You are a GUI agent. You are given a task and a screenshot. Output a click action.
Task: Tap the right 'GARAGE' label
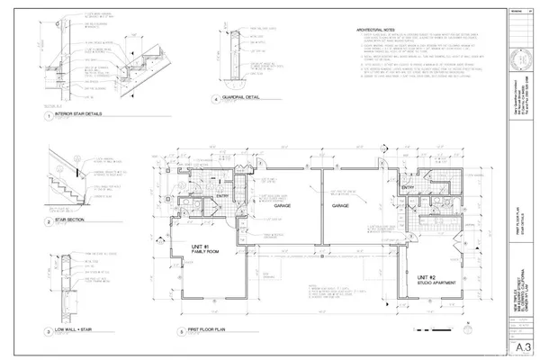click(x=339, y=205)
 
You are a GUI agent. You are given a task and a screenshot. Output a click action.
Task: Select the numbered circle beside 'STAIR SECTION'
click(x=47, y=220)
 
